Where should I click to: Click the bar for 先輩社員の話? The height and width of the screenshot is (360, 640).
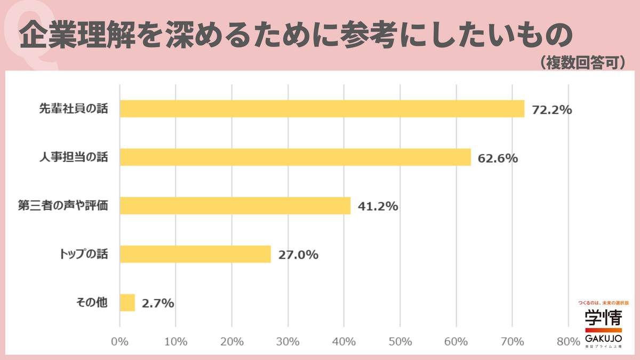(x=322, y=108)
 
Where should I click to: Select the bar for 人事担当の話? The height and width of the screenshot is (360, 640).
(x=295, y=157)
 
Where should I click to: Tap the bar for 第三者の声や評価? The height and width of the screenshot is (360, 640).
(x=235, y=205)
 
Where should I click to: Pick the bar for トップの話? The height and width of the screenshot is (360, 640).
(x=195, y=254)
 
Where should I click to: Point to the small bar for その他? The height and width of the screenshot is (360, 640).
(x=127, y=302)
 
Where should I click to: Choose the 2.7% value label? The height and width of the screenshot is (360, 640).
(x=158, y=303)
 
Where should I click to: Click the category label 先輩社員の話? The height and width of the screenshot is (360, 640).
(x=73, y=108)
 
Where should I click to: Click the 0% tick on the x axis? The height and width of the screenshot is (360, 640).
(x=119, y=341)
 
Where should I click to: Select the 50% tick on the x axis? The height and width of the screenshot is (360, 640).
(x=400, y=341)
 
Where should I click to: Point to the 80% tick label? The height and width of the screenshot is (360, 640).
(x=568, y=341)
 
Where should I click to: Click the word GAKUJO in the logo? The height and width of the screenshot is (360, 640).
(x=603, y=339)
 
